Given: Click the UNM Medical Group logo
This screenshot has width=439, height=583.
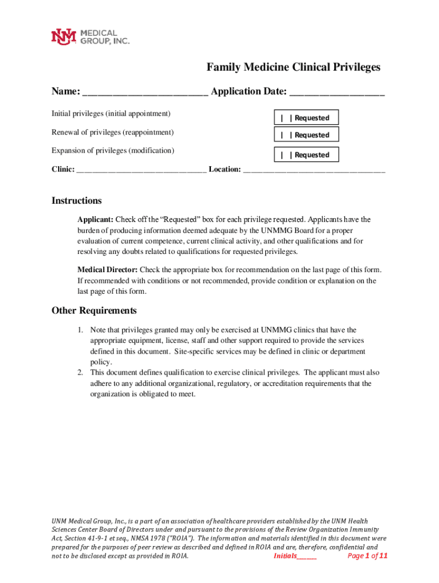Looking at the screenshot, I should (91, 37).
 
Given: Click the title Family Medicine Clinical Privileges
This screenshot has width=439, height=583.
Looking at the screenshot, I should (293, 68).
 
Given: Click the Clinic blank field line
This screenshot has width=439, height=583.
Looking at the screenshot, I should (141, 170).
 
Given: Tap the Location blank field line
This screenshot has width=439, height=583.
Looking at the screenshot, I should (314, 170).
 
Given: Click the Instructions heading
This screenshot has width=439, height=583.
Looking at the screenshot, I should (76, 201).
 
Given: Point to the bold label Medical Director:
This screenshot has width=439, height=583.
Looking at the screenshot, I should (107, 270).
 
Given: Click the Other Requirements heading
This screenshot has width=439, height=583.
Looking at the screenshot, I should (94, 311).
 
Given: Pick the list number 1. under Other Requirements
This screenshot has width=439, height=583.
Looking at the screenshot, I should (81, 330).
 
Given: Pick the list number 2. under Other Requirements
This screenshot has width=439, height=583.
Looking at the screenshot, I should (81, 373).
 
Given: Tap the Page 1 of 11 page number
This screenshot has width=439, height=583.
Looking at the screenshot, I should (367, 556).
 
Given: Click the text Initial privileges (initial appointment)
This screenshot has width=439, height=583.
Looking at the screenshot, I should (111, 114).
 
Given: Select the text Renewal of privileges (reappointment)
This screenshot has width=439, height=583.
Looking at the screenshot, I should (112, 133).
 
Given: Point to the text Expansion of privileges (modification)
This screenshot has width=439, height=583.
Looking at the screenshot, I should (112, 151).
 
